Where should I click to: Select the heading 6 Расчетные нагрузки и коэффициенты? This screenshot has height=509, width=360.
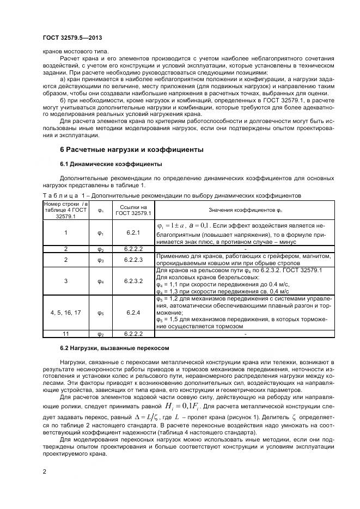point(131,149)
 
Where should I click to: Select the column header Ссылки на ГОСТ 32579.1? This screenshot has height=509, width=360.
point(133,210)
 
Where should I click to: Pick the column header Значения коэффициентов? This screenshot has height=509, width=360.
point(244,210)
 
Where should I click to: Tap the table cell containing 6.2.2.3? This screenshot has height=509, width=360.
point(133,260)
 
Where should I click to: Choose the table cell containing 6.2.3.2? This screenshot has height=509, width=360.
point(133,281)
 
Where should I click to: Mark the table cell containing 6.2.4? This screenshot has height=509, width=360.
point(133,312)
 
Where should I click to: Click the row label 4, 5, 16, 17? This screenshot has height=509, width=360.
point(65,312)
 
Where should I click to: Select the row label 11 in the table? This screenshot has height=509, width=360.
point(65,333)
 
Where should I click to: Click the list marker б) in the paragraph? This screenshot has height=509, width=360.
point(64,101)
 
